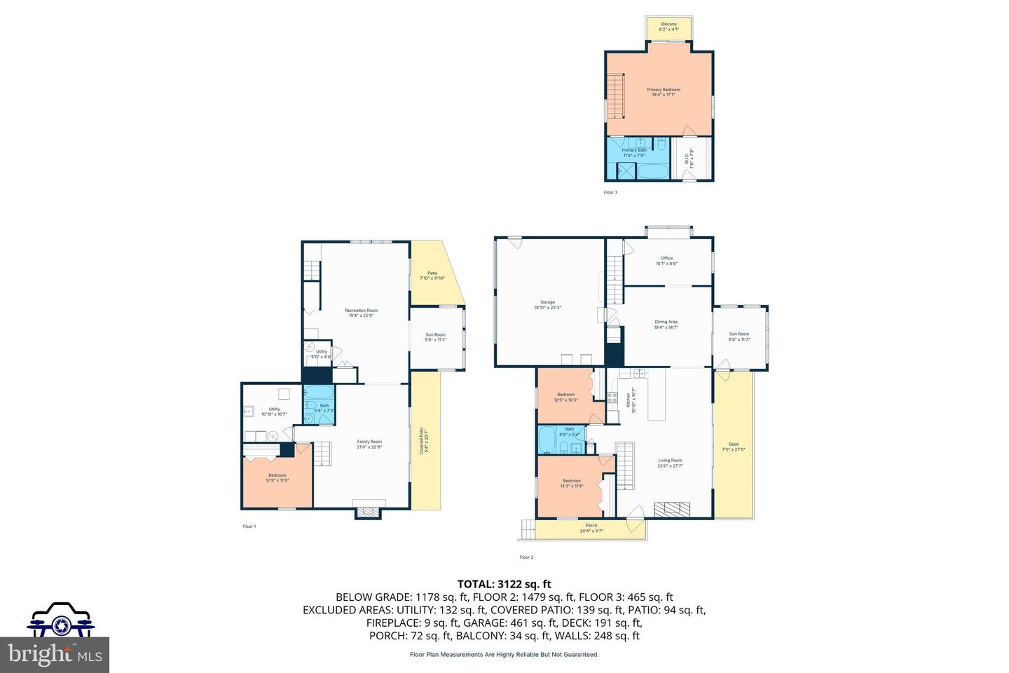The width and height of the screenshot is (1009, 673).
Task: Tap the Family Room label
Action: tap(369, 444)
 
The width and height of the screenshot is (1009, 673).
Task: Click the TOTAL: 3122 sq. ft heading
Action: tap(504, 583)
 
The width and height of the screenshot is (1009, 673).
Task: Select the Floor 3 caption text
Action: tap(610, 192)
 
